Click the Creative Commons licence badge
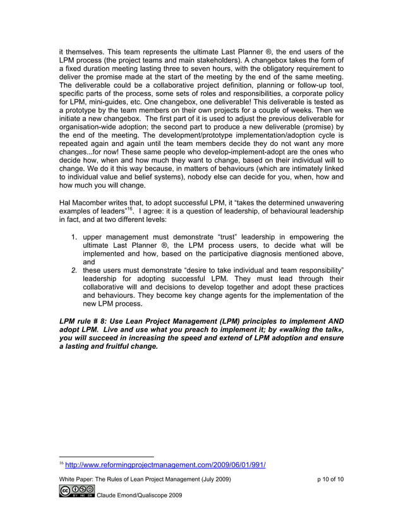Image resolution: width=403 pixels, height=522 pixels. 76,491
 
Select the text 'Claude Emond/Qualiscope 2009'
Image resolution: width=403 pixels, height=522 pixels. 140,495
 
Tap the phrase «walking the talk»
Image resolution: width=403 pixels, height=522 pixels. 313,329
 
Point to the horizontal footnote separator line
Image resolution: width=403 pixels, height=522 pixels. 105,456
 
